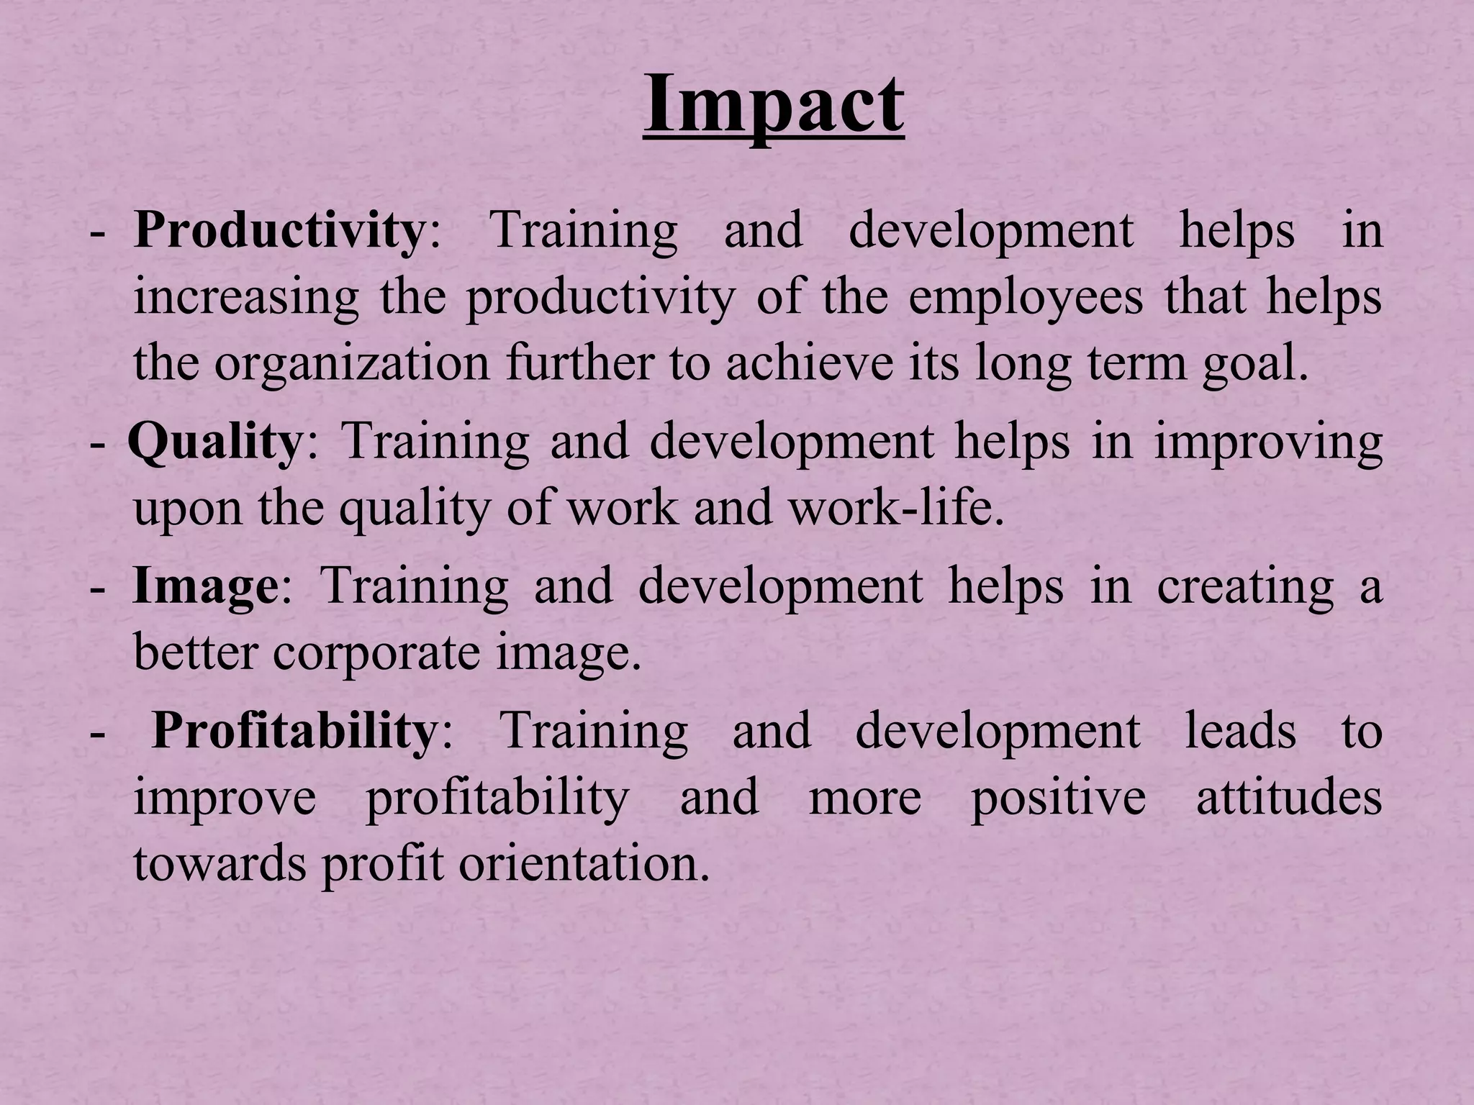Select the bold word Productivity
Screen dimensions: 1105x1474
279,231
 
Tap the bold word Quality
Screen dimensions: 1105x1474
214,442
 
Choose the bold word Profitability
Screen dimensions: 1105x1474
294,732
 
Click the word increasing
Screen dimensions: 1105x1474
246,298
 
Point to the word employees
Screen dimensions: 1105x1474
1025,298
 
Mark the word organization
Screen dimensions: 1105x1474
351,364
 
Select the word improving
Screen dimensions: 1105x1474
1268,442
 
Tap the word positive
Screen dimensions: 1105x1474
1057,798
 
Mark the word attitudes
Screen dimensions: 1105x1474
1288,798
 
